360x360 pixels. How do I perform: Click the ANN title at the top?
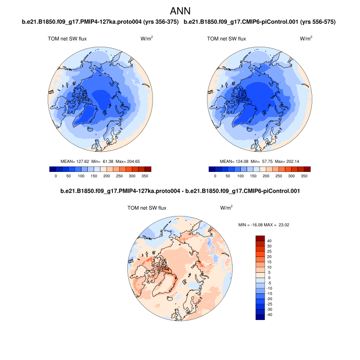[180, 11]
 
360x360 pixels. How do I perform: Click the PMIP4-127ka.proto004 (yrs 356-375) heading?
[100, 22]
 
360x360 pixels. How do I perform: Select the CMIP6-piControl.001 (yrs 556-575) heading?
[261, 22]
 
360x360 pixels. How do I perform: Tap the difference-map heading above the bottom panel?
[180, 191]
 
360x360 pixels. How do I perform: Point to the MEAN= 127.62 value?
[75, 161]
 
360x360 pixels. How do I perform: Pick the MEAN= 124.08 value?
[234, 161]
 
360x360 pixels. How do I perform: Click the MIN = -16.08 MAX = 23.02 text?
[263, 224]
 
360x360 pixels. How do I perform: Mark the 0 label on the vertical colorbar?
[269, 278]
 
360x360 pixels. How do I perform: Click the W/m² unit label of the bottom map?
[226, 208]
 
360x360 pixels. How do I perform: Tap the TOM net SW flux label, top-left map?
[67, 39]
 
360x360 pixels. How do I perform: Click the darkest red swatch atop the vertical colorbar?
[260, 238]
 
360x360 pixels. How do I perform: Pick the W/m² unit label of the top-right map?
[306, 39]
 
